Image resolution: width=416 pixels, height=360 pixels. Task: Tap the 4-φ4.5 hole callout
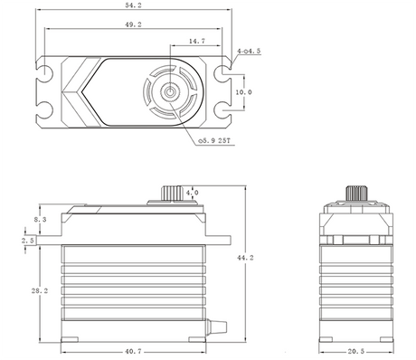click(249, 52)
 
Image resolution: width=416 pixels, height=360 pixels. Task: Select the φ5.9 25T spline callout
click(213, 141)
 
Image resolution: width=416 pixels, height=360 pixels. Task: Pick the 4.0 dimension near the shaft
click(192, 194)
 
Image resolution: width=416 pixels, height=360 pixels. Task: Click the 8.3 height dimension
click(15, 220)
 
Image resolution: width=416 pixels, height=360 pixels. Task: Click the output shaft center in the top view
click(169, 93)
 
